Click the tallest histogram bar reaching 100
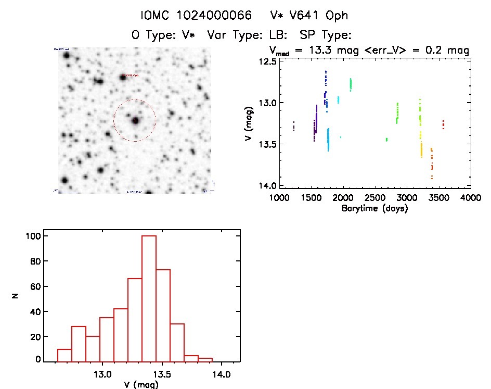[x=149, y=298]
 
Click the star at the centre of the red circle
[x=135, y=120]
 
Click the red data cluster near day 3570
[x=443, y=124]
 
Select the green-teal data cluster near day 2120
[x=351, y=84]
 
